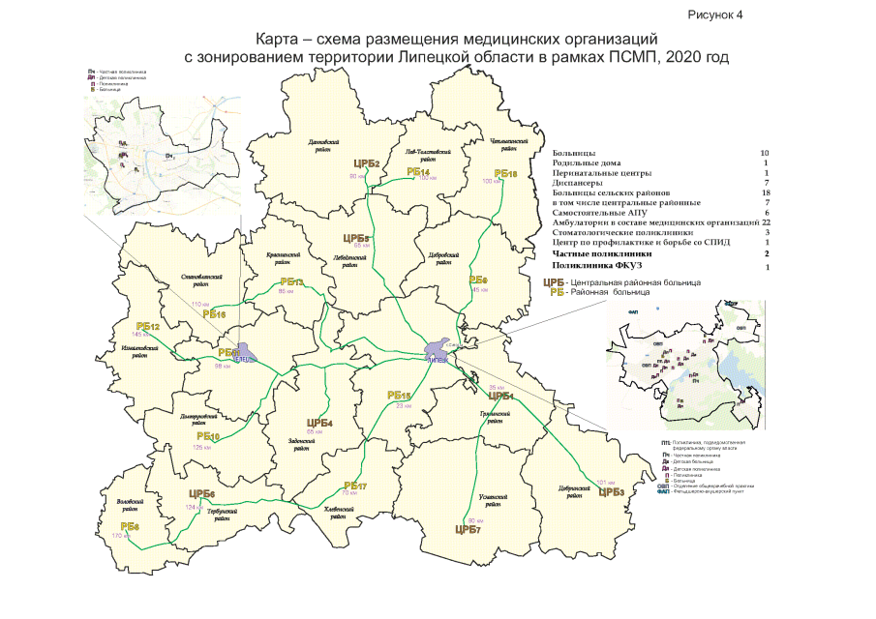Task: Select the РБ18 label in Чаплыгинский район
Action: [506, 173]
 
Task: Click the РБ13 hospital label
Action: [290, 282]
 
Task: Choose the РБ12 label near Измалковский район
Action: [147, 327]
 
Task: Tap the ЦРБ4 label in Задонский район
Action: [319, 423]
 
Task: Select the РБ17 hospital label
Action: [355, 486]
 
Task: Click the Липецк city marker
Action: [441, 348]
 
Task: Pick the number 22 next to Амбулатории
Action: [765, 222]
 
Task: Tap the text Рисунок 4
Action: [716, 15]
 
